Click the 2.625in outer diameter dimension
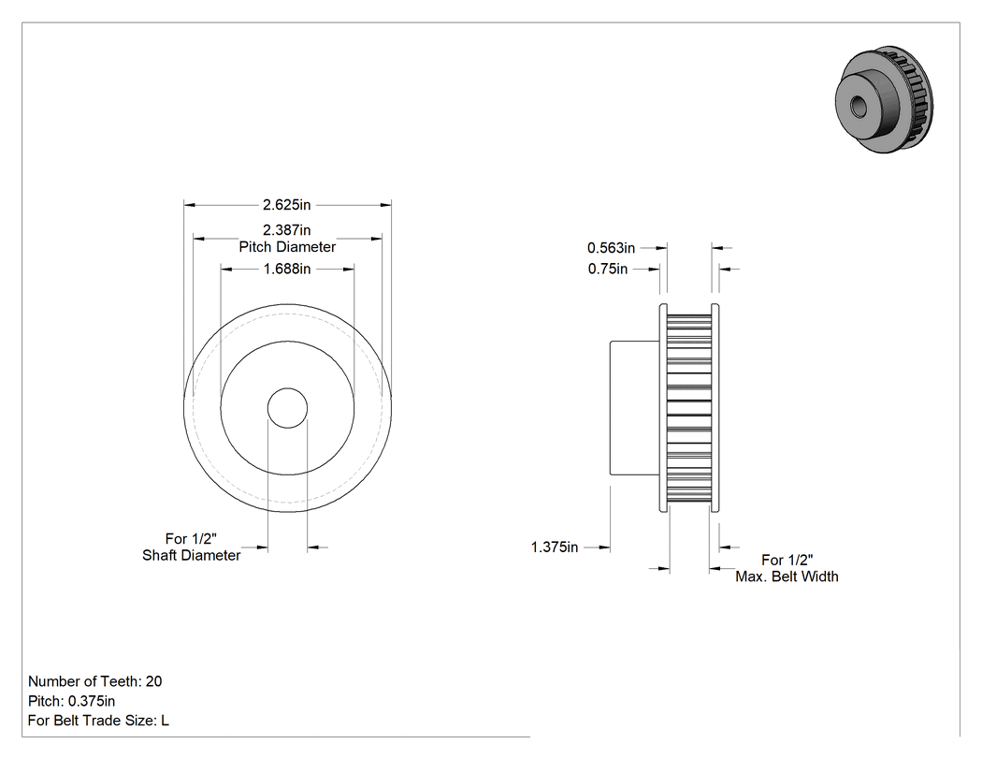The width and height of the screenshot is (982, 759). [x=287, y=205]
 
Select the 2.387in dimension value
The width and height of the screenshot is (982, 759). [x=287, y=230]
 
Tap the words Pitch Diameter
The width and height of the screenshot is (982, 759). [x=287, y=247]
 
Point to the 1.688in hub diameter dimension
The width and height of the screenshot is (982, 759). [x=287, y=269]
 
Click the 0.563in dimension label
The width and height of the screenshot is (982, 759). [x=612, y=248]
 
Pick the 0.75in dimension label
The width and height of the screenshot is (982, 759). [x=608, y=269]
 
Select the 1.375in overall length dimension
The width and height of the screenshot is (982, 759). [x=555, y=547]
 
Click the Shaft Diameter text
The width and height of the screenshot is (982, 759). [x=192, y=555]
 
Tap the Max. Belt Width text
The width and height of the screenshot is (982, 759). [x=787, y=577]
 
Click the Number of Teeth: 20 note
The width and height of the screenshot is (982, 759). [x=95, y=681]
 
